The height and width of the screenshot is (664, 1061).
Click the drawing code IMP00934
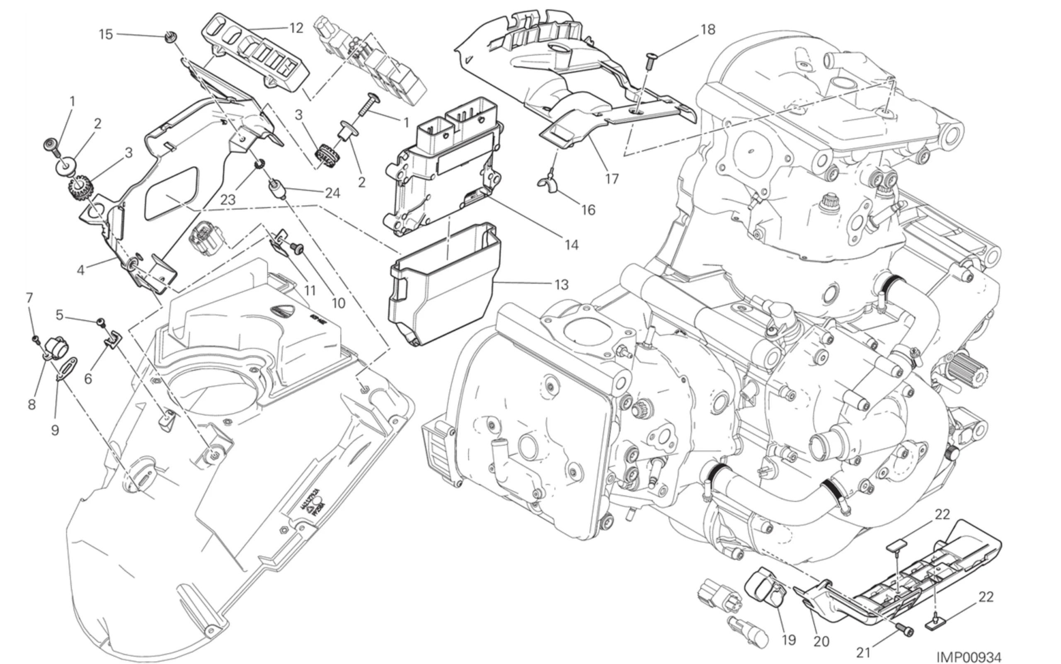tap(969, 657)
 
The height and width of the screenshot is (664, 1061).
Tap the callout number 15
tap(106, 34)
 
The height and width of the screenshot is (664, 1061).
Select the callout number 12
tap(296, 28)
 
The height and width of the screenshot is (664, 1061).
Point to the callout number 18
tap(707, 29)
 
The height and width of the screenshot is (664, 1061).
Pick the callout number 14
tap(572, 245)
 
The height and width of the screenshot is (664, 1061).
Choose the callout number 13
tap(562, 285)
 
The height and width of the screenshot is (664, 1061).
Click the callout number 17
tap(612, 179)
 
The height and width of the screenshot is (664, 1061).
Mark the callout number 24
tap(332, 193)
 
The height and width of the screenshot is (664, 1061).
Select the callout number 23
tap(228, 200)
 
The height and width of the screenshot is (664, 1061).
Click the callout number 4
tap(80, 270)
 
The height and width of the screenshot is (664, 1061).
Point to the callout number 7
tap(29, 298)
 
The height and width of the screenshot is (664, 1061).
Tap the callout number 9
tap(55, 430)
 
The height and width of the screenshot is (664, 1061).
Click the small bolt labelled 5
tap(101, 322)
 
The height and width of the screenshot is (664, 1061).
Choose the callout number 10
tap(338, 303)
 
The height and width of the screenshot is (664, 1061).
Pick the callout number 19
tap(789, 640)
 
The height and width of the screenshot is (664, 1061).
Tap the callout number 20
tap(821, 642)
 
